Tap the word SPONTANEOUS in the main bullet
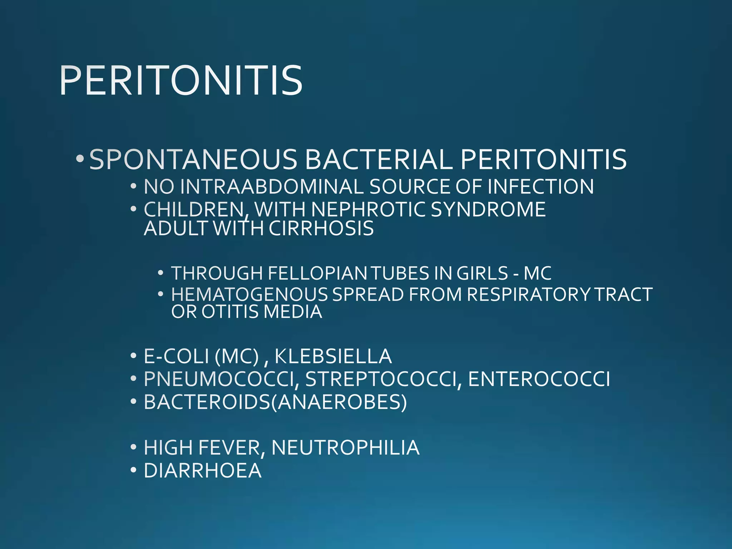tap(193, 159)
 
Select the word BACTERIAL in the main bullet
tap(379, 159)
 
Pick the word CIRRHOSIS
tap(321, 228)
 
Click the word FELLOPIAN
tap(317, 273)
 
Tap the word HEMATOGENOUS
tap(249, 295)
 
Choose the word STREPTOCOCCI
tap(380, 379)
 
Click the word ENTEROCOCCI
tap(539, 379)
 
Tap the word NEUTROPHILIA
tap(345, 447)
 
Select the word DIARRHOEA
tap(202, 470)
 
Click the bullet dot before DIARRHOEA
tap(133, 470)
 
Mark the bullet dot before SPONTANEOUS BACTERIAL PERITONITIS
tap(80, 158)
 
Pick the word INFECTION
tap(540, 187)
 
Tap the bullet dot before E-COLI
tap(133, 356)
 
